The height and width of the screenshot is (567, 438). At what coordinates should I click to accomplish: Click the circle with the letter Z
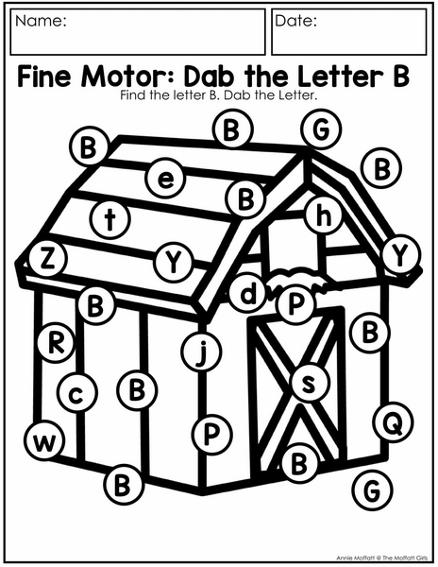[x=46, y=259]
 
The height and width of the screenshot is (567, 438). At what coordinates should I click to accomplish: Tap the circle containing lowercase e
[x=166, y=179]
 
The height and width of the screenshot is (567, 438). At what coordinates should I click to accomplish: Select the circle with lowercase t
[x=110, y=219]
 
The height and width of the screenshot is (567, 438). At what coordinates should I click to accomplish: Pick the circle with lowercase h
[x=324, y=215]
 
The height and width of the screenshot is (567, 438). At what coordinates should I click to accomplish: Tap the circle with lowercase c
[x=76, y=393]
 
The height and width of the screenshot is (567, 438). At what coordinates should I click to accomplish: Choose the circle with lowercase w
[x=45, y=440]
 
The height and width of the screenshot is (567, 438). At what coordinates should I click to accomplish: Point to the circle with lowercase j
[x=201, y=352]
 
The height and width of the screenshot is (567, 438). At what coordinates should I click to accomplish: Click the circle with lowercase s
[x=310, y=383]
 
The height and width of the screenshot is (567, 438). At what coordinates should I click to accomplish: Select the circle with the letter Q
[x=394, y=422]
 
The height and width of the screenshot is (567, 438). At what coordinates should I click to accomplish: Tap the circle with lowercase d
[x=248, y=293]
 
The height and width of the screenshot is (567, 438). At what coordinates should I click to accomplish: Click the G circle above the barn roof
[x=321, y=129]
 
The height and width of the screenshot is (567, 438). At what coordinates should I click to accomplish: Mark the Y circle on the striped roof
[x=174, y=262]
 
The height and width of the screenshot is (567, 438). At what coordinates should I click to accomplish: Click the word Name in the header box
[x=41, y=21]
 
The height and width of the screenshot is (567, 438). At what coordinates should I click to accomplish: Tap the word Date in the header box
[x=296, y=21]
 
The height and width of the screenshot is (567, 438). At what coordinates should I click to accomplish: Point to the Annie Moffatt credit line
[x=383, y=558]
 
